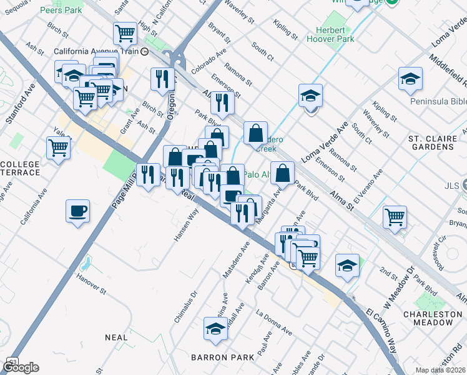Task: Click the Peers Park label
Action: (x=61, y=11)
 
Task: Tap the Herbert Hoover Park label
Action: (x=330, y=34)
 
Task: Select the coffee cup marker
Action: (x=77, y=211)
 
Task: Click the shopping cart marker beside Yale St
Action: (x=58, y=149)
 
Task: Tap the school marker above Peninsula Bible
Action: (x=410, y=79)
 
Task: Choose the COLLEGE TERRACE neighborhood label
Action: (x=20, y=168)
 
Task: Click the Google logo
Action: (x=21, y=367)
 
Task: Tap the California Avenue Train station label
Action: (x=97, y=51)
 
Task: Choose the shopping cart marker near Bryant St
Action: (x=395, y=217)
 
